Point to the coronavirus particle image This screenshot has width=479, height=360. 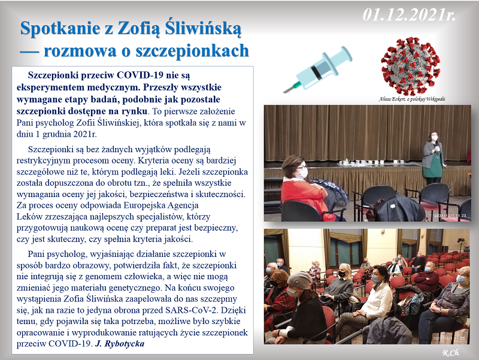(410, 65)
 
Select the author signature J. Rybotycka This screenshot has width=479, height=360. (122, 344)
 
